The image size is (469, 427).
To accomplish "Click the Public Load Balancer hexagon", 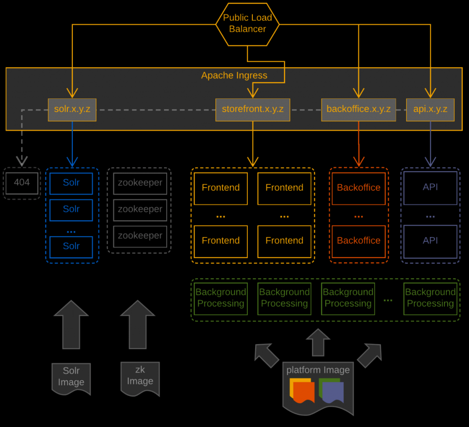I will coord(247,24).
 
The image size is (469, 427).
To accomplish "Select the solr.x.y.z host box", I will coord(72,110).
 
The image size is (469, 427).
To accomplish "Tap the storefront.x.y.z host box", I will coord(252,110).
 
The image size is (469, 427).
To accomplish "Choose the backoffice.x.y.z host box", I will coord(358,110).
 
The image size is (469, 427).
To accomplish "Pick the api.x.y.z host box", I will coord(430,110).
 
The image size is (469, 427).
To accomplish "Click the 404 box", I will coord(22,183).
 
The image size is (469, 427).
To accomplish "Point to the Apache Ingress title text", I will coord(234,76).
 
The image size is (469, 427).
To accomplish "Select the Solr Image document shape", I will coord(71,378).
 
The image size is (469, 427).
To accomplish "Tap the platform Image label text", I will coord(318,370).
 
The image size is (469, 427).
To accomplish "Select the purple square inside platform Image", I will coord(333,393).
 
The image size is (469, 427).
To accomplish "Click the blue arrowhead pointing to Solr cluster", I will coord(72,162).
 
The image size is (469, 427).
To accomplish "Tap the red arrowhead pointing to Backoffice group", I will coord(359,161).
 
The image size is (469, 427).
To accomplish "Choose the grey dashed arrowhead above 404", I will coord(22,161).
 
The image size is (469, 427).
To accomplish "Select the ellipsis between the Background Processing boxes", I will coord(387,300).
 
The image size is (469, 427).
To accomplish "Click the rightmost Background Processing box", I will coord(430,298).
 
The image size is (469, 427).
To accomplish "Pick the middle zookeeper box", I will coord(140,209).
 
